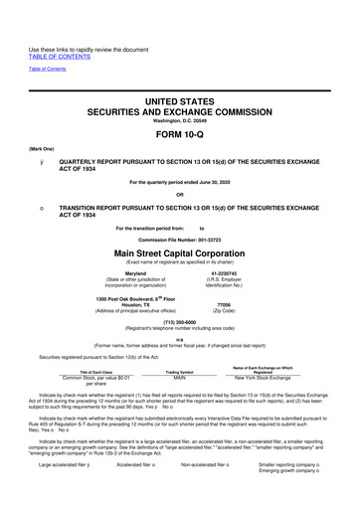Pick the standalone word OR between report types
coord(180,193)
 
